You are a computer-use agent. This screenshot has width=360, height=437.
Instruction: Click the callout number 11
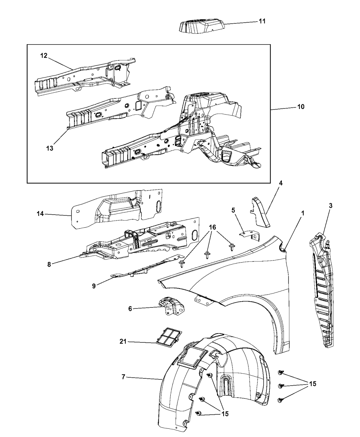[x=262, y=21]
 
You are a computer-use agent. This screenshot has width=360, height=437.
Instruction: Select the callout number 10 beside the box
[x=301, y=107]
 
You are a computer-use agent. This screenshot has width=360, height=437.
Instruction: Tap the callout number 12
[x=44, y=56]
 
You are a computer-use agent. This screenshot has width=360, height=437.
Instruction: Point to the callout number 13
[x=50, y=148]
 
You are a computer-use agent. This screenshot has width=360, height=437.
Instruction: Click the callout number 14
[x=40, y=214]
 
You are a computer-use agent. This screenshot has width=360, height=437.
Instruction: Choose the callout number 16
[x=212, y=227]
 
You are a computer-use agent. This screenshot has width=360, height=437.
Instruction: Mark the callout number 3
[x=331, y=206]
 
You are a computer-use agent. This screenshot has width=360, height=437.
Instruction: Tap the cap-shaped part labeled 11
[x=202, y=26]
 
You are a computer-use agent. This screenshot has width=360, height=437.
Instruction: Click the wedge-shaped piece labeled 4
[x=260, y=212]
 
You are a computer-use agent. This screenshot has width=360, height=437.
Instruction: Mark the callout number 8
[x=49, y=264]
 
